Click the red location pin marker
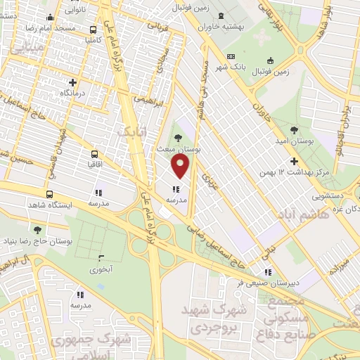181,167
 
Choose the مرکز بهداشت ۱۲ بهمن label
293,172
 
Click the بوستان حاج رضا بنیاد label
36,240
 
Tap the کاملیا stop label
94,41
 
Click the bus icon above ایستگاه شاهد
49,195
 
